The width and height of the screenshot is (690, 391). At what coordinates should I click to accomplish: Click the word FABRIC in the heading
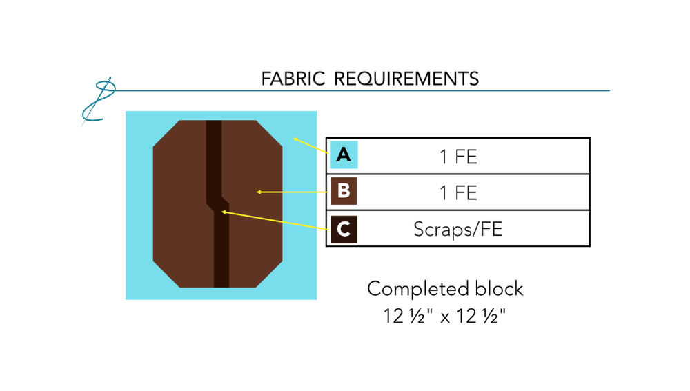[293, 79]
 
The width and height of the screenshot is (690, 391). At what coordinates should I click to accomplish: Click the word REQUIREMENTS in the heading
[406, 79]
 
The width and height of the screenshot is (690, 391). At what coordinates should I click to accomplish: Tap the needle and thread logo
[97, 102]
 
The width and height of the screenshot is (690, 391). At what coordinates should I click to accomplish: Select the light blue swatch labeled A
[343, 155]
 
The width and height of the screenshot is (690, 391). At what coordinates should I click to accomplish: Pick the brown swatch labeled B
[343, 192]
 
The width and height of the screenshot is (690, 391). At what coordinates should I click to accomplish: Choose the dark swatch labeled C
[343, 229]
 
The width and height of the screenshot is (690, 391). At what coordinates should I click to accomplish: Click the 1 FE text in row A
[458, 157]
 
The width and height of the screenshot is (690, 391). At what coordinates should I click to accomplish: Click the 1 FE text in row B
[458, 192]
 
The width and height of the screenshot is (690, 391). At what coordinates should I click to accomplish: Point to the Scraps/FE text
[458, 229]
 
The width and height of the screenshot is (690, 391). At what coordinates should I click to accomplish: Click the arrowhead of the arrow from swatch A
[294, 139]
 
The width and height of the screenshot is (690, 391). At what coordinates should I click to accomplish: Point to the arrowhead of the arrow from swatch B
[258, 192]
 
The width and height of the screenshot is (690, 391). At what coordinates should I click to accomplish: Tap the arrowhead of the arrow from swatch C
[223, 212]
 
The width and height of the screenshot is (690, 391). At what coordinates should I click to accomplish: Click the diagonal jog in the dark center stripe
[218, 201]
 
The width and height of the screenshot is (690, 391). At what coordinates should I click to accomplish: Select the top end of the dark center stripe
[213, 123]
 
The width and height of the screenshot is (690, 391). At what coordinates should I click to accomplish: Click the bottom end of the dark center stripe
[221, 285]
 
